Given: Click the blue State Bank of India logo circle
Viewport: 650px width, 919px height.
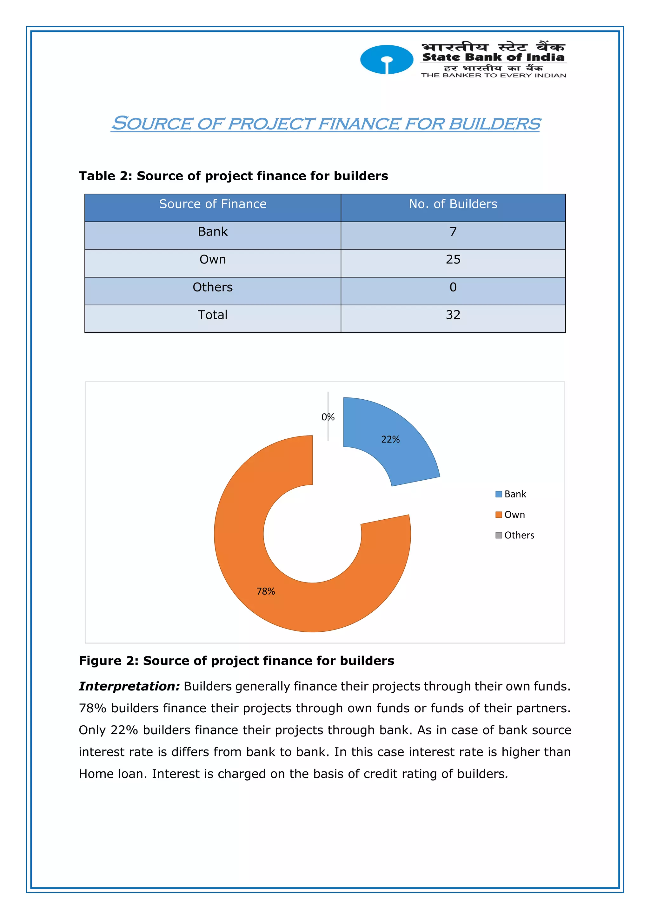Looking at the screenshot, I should coord(386,60).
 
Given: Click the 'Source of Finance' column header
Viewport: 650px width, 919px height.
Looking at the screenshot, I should coord(213,204).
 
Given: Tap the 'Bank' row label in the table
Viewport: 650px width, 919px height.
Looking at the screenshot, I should coord(213,232).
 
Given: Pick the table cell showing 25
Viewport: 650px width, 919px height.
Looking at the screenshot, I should coord(453,259).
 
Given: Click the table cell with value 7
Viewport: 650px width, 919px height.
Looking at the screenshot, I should coord(453,232).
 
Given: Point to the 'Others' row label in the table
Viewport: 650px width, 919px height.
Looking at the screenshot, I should coord(213,287).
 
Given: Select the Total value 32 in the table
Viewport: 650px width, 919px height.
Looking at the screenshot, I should coord(453,315).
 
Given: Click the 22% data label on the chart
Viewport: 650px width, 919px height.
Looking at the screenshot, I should coord(390,439).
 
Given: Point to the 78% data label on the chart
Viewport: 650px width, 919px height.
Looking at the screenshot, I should coord(266,592).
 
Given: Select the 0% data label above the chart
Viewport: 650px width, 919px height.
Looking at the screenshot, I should coord(328,417).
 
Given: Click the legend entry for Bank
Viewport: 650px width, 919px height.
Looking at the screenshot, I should coord(515,494).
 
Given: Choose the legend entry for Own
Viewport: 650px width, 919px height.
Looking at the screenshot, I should coord(514,515).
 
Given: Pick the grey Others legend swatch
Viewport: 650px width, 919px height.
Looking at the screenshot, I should coord(499,536).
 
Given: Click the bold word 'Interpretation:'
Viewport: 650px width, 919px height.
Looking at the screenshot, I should coord(129,686).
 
